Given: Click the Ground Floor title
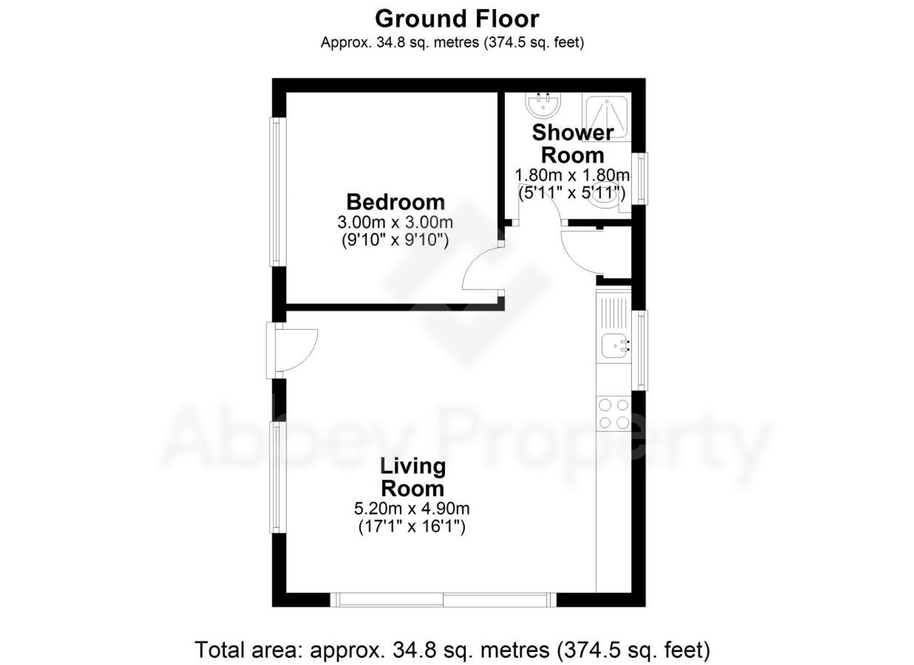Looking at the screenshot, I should [457, 19].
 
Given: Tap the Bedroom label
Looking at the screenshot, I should [395, 202].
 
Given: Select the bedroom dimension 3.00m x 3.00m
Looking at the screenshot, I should [395, 223].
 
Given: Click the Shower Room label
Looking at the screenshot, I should [572, 144].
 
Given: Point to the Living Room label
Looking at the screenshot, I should [412, 477].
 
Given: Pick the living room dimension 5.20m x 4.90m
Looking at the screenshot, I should [412, 508].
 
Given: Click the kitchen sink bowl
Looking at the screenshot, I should [611, 346].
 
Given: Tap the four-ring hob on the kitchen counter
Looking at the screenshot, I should [614, 414].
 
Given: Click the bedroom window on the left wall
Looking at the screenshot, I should [277, 192].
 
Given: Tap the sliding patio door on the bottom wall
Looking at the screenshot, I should [443, 600].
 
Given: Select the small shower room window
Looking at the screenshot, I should [642, 178].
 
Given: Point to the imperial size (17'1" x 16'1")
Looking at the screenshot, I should [412, 527].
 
